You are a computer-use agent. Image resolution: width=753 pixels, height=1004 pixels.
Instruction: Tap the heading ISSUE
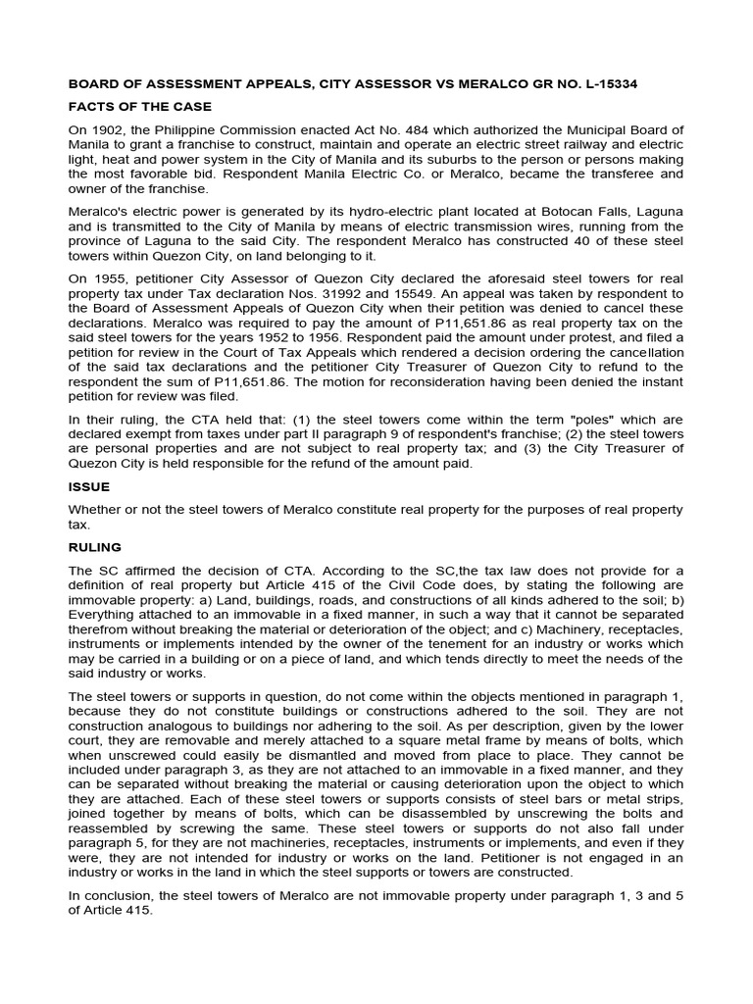[x=89, y=486]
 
